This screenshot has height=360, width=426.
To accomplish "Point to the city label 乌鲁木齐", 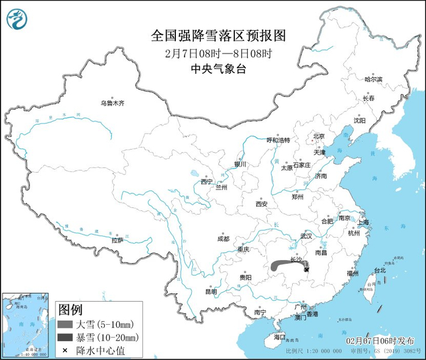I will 112,103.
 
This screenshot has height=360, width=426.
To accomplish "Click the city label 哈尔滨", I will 373,80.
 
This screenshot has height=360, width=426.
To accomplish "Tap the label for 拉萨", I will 117,240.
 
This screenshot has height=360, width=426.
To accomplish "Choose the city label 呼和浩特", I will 279,140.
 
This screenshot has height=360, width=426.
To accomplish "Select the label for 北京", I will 319,136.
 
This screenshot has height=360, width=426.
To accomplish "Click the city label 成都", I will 223,239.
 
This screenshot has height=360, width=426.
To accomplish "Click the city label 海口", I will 279,336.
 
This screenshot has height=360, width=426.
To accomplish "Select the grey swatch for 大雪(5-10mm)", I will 65,324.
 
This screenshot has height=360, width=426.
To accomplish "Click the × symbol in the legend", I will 65,350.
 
